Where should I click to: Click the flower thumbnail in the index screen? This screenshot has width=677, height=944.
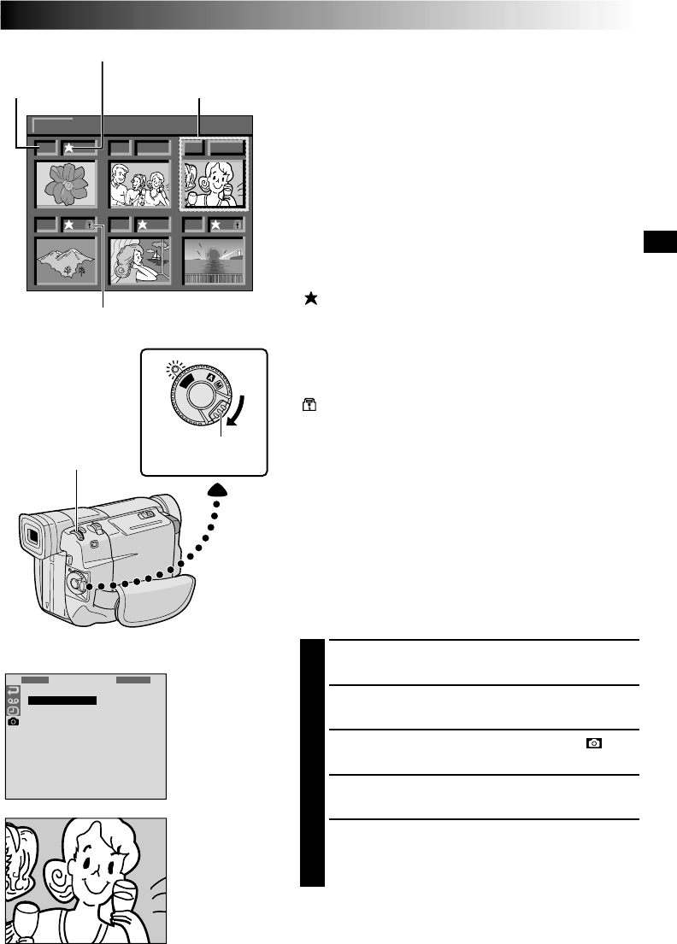point(66,182)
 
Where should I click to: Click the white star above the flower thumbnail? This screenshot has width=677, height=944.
point(68,148)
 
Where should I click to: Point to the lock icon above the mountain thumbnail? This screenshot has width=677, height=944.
point(90,226)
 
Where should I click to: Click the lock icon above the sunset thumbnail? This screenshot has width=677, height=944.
point(238,226)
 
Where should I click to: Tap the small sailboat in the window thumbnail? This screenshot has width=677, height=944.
point(160,254)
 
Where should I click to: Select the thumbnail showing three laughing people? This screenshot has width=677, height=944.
point(140,182)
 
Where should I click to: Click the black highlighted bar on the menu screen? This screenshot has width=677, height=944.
point(62,701)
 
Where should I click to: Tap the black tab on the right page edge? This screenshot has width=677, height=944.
point(657,243)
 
